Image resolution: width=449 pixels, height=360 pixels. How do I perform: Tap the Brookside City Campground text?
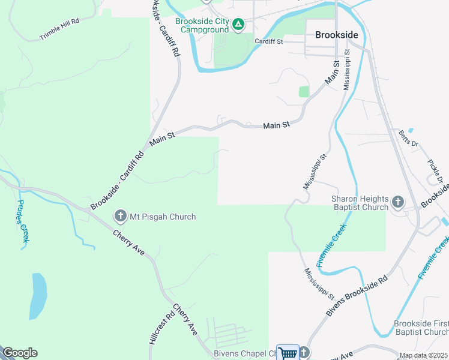[x=202, y=25]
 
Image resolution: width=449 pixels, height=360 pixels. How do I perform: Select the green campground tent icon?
[x=238, y=25]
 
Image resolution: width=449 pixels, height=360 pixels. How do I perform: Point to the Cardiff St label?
[x=268, y=41]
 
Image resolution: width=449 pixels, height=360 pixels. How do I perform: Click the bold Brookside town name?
[x=337, y=35]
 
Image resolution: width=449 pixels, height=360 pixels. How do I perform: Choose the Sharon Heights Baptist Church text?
[x=360, y=203]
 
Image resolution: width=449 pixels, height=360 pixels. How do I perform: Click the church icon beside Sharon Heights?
[x=397, y=203]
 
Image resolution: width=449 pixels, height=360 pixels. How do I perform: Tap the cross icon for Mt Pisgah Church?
[x=119, y=216]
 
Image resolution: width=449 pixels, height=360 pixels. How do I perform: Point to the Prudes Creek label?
[x=23, y=221]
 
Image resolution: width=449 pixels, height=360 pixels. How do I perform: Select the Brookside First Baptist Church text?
[x=420, y=328]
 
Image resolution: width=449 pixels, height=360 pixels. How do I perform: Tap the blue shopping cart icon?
[x=288, y=353]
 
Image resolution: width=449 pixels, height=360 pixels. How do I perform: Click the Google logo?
[x=20, y=353]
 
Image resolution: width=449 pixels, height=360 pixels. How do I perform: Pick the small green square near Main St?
[x=304, y=91]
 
